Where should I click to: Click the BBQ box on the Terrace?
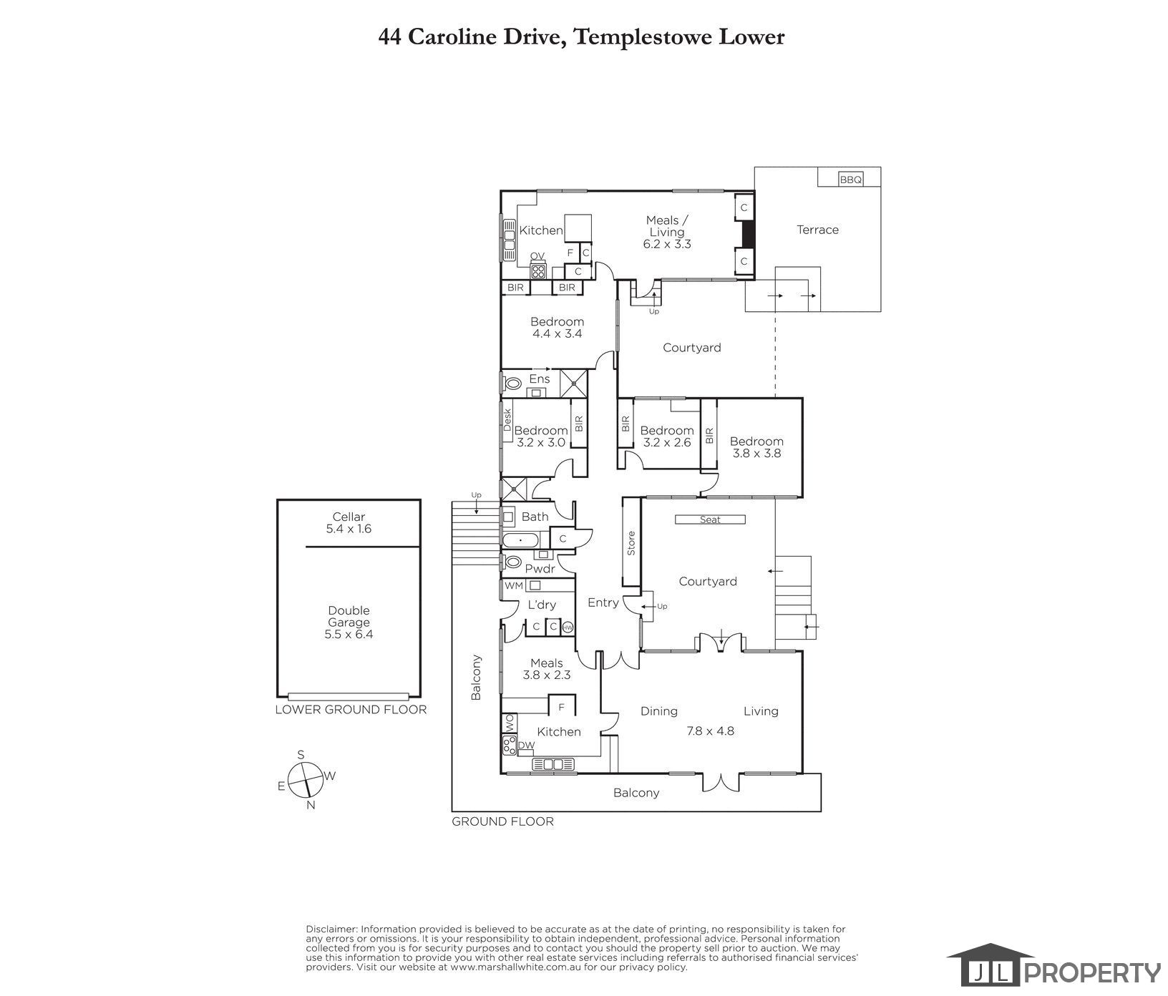click(851, 180)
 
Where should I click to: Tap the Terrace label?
click(817, 230)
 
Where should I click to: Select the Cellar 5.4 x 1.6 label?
click(349, 523)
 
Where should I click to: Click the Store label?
click(631, 544)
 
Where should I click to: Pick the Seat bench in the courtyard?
click(710, 519)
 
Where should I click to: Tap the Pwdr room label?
click(540, 569)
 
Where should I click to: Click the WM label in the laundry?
click(513, 585)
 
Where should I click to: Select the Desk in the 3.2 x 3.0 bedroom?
click(507, 420)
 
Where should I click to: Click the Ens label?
click(540, 379)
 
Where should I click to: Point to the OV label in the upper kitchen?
click(537, 256)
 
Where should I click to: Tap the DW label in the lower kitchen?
click(526, 746)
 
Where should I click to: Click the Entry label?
click(603, 602)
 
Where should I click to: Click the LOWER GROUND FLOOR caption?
click(351, 710)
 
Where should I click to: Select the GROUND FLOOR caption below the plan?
click(502, 821)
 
